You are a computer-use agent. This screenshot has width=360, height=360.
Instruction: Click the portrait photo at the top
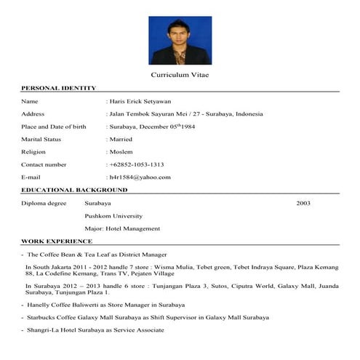click(180, 41)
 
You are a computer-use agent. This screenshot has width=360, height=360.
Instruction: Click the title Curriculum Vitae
click(180, 76)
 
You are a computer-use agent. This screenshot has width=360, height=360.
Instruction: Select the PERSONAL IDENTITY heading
click(59, 89)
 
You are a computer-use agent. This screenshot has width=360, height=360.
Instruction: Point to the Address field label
click(33, 114)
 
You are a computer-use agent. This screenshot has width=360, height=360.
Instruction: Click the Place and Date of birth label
click(54, 127)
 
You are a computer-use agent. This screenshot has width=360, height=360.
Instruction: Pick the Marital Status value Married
click(121, 139)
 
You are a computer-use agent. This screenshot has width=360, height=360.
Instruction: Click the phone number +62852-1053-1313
click(136, 164)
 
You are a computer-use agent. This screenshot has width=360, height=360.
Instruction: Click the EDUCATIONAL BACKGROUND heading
click(74, 190)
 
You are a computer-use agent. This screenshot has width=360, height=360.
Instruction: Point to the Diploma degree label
click(44, 203)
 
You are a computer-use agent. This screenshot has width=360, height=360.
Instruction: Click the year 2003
click(303, 203)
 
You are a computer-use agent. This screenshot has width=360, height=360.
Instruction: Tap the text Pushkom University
click(113, 216)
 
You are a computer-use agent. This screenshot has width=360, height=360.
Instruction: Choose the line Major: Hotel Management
click(122, 228)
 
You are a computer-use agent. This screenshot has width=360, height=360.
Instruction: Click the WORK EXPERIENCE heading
click(57, 241)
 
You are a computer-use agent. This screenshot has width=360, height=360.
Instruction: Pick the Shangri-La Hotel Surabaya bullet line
click(95, 330)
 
